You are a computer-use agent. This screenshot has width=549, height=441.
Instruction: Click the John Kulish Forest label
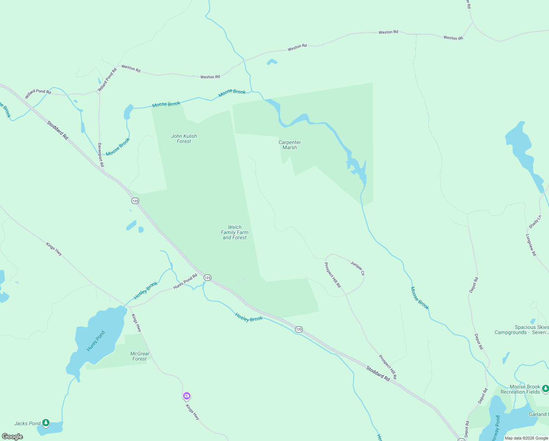tap(184, 139)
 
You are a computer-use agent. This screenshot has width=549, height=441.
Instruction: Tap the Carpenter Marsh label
tap(290, 145)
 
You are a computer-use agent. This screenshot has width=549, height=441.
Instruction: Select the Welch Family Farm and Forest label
tap(234, 232)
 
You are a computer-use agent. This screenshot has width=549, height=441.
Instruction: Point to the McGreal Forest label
tap(140, 356)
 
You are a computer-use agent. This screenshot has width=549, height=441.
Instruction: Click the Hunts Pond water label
tap(96, 341)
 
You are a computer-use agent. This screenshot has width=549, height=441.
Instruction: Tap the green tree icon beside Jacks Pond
tap(46, 423)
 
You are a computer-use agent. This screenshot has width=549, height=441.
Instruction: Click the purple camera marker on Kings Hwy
tap(187, 396)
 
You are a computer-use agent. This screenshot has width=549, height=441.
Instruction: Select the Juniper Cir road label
tap(357, 268)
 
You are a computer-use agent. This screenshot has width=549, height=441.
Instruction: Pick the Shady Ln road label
tap(535, 222)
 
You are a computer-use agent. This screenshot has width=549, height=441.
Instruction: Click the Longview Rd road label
tap(531, 245)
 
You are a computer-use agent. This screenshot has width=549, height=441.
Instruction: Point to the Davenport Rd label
tap(101, 155)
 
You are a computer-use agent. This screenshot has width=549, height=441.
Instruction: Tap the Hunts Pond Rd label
tap(185, 281)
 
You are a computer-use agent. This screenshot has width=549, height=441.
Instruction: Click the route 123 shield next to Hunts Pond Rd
tap(208, 278)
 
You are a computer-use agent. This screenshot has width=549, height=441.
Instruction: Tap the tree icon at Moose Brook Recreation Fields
tap(546, 388)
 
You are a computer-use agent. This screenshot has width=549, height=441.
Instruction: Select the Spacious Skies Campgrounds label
tap(522, 330)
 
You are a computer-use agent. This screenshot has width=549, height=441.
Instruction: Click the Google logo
tap(12, 437)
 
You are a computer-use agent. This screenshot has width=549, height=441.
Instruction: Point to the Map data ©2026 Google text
tap(526, 438)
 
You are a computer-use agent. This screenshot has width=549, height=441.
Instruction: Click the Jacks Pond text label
tap(27, 423)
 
